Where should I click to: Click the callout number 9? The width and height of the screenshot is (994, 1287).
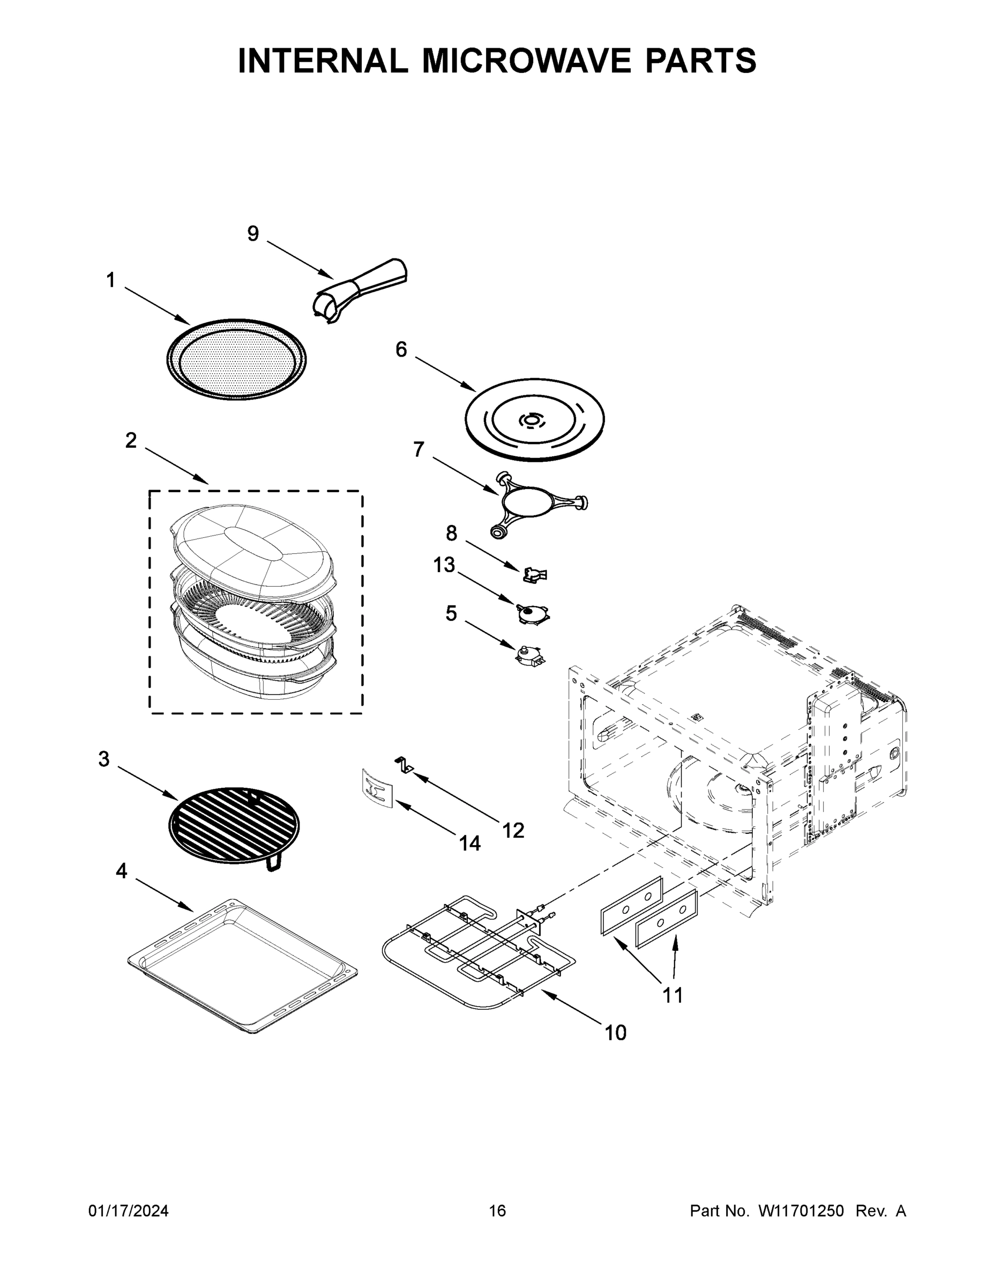pos(252,234)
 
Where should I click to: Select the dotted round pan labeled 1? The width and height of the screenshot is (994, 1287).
pos(236,359)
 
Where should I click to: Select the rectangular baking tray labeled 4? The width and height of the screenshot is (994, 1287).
pos(242,966)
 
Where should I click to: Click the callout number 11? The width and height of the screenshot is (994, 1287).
pos(672,995)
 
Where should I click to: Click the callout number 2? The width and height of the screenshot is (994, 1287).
pos(131,440)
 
